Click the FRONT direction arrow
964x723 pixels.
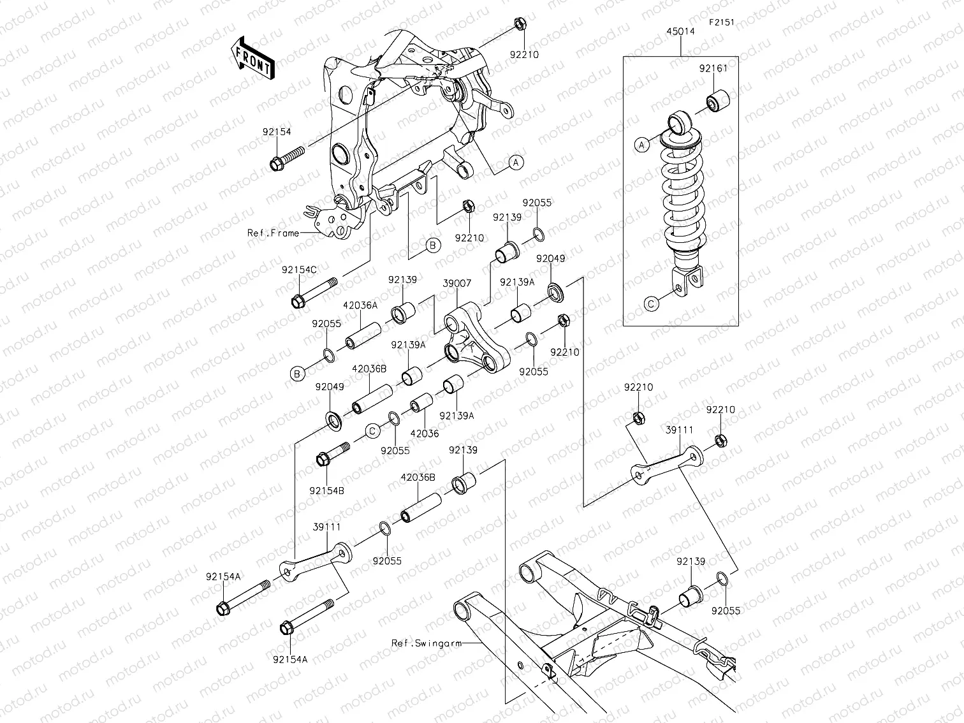click(252, 57)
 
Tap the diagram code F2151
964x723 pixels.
click(722, 22)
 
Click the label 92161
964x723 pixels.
click(712, 69)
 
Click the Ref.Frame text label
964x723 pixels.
click(273, 233)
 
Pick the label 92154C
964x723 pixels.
click(299, 270)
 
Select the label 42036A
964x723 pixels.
click(360, 305)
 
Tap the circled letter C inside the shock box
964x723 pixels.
click(651, 305)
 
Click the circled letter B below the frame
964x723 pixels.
click(432, 245)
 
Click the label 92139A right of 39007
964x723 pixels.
click(517, 282)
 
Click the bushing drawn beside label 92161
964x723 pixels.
click(717, 101)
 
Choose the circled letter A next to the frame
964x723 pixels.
click(516, 163)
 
